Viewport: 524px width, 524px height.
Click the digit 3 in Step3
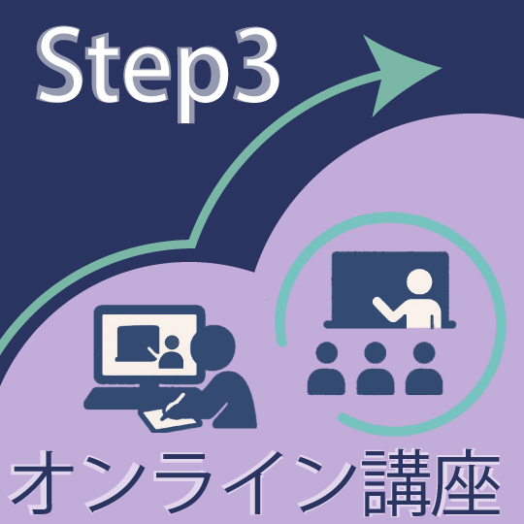[256, 65]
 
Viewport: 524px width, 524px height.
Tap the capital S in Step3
[60, 64]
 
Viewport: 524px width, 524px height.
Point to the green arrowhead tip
[442, 68]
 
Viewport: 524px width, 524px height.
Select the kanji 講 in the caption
[395, 482]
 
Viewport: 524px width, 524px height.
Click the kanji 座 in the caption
[466, 482]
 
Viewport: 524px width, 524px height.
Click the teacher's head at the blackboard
[419, 281]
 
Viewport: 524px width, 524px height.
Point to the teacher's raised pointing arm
[388, 309]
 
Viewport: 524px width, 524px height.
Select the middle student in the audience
[375, 369]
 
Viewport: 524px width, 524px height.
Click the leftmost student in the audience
[326, 369]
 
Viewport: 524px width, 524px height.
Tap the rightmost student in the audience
[424, 369]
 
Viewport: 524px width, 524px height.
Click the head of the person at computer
[213, 347]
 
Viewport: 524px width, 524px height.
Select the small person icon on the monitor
[171, 352]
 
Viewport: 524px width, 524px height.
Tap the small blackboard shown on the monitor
[137, 344]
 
